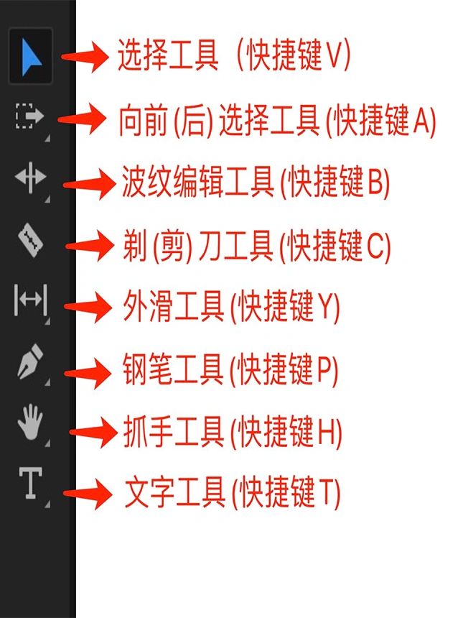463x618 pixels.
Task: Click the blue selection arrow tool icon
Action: (x=30, y=55)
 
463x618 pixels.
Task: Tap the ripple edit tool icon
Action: (x=30, y=178)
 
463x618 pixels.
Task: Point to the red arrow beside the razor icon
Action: (x=89, y=246)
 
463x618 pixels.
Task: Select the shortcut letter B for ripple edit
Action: (x=375, y=184)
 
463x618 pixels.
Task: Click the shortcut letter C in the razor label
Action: (x=375, y=247)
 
